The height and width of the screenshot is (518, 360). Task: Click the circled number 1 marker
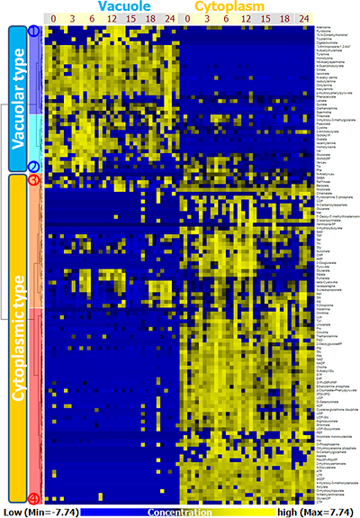33,30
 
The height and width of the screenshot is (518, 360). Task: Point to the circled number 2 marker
33,167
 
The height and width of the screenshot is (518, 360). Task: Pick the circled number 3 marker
33,180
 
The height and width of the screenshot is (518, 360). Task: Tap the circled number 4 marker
33,498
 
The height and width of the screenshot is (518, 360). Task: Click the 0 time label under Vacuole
53,19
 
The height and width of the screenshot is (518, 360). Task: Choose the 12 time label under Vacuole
110,19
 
